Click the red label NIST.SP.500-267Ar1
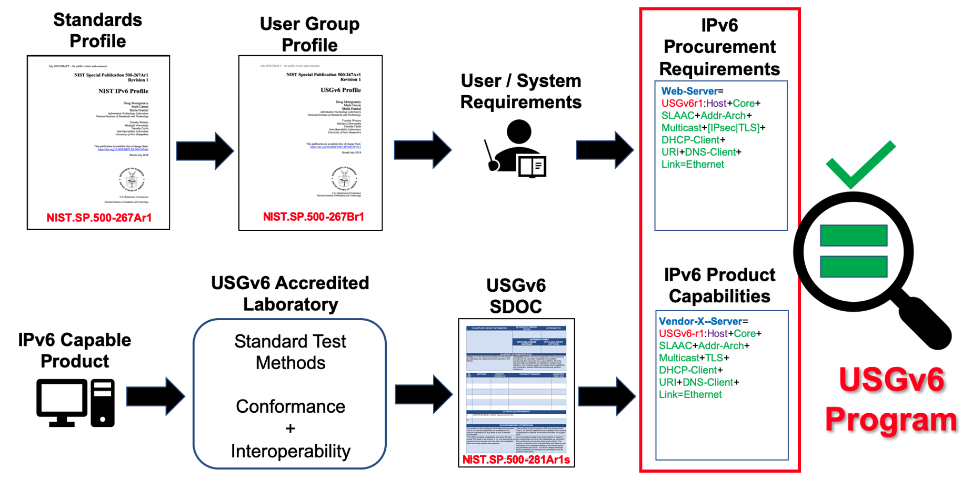(x=99, y=218)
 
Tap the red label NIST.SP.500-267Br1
(x=313, y=217)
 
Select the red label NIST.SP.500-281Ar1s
(x=516, y=459)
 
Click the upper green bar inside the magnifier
(x=853, y=235)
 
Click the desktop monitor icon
(x=62, y=403)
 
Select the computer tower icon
(x=103, y=403)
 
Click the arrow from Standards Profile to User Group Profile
(x=205, y=151)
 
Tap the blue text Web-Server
(x=689, y=91)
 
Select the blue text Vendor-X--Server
(x=700, y=321)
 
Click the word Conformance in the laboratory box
(x=290, y=406)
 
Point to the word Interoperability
(x=290, y=451)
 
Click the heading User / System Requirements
(x=520, y=91)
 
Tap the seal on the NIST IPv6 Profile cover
(x=132, y=180)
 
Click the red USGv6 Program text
(x=891, y=400)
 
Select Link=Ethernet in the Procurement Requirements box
(x=692, y=165)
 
